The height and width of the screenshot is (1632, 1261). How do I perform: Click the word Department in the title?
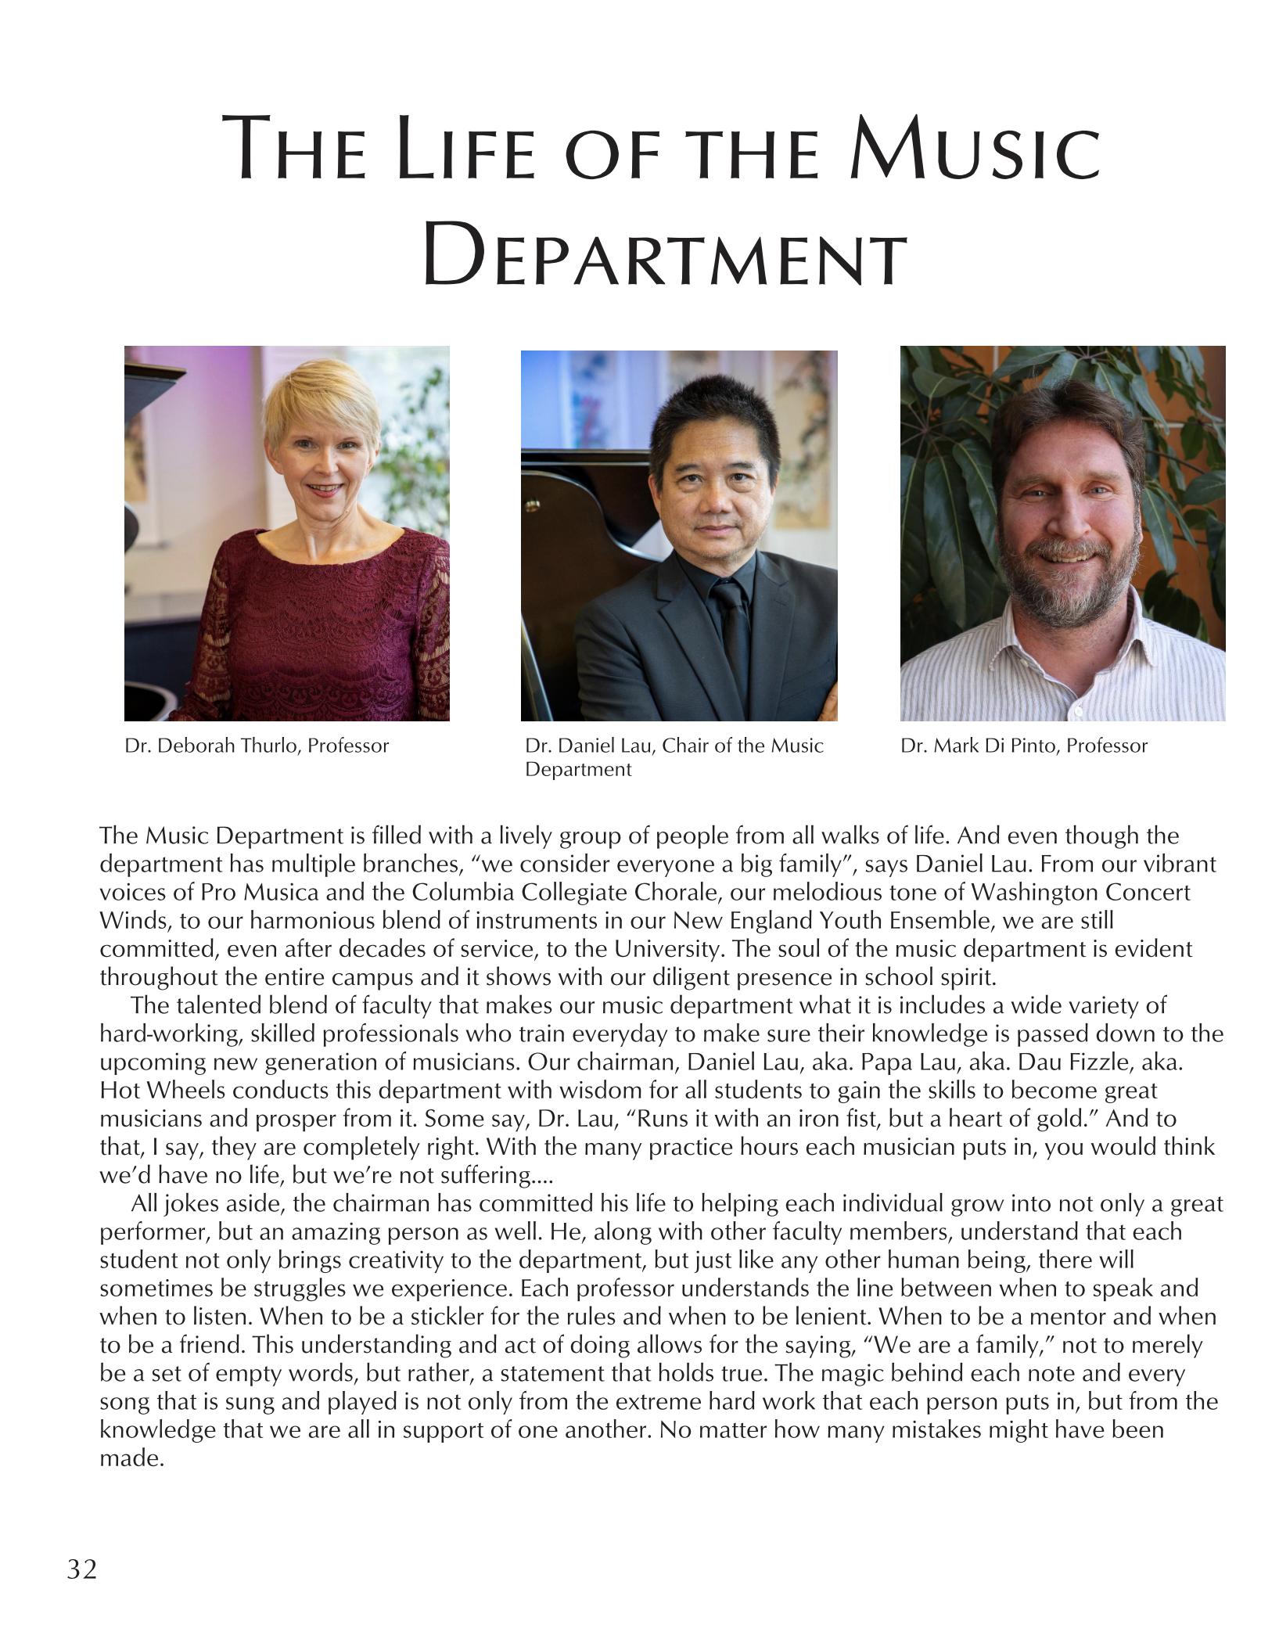pyautogui.click(x=664, y=253)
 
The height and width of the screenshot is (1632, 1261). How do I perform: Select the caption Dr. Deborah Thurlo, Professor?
pyautogui.click(x=257, y=746)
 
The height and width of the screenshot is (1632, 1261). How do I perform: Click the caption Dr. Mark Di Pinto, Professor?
pyautogui.click(x=1023, y=746)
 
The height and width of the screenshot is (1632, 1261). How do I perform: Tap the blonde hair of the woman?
pyautogui.click(x=313, y=407)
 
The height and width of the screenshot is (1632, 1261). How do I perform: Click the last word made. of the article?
pyautogui.click(x=132, y=1458)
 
